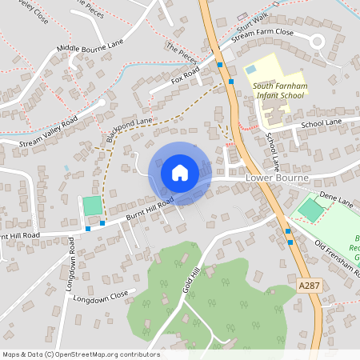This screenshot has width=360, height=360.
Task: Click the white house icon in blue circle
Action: pos(179,172)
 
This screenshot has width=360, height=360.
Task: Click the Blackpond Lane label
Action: pos(129,130)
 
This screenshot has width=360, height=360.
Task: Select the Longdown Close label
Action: pos(100,297)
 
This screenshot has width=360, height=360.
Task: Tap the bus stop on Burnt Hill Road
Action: pos(88,229)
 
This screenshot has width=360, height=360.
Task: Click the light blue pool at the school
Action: pos(251,70)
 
